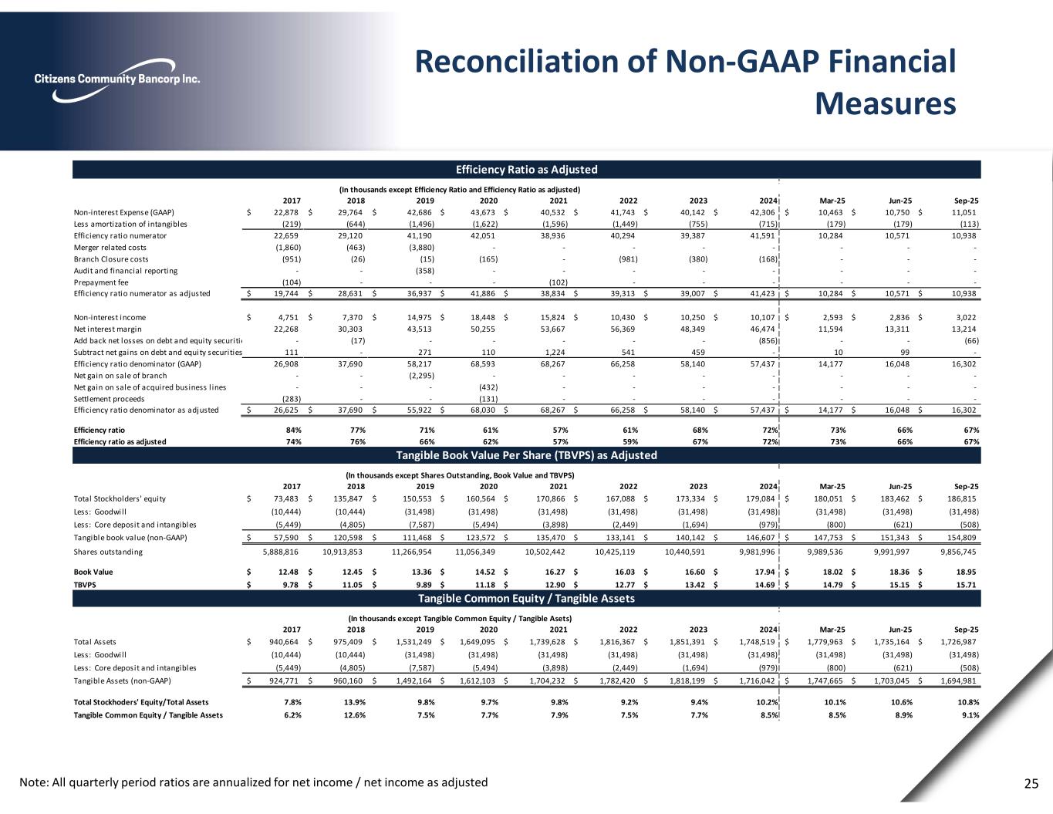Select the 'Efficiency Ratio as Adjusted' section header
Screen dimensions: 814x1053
coord(526,170)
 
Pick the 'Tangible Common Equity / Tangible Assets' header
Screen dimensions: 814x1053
coord(526,599)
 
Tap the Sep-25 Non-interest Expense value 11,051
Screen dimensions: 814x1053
coord(964,212)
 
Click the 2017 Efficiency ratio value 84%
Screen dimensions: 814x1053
coord(293,430)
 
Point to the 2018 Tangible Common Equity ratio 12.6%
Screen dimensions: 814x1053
coord(355,715)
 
